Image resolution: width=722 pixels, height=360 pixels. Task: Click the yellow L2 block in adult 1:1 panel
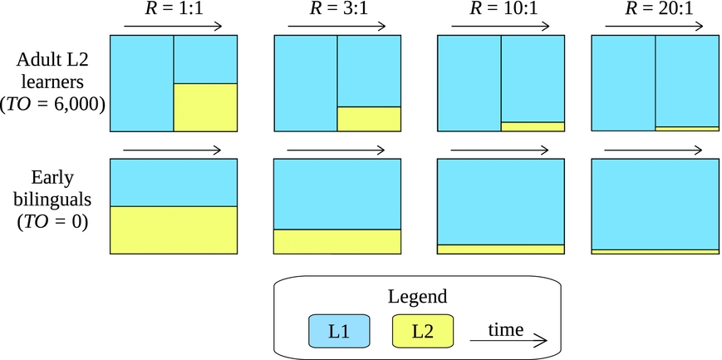click(x=205, y=107)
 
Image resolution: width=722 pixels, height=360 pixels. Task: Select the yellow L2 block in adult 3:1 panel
click(x=369, y=119)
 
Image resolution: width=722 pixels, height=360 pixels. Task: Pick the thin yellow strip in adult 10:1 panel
click(x=533, y=126)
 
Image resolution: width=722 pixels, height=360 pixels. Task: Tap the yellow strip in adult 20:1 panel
click(x=687, y=129)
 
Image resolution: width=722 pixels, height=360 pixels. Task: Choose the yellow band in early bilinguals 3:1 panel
click(x=337, y=241)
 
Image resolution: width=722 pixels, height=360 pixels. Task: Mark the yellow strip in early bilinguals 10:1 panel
click(x=500, y=249)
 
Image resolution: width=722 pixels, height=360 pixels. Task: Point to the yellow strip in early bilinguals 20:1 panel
click(x=655, y=251)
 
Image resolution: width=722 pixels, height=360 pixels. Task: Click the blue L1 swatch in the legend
click(x=339, y=331)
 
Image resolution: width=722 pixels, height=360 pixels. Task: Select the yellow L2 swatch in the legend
click(x=423, y=331)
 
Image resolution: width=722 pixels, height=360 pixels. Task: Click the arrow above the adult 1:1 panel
click(x=171, y=27)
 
